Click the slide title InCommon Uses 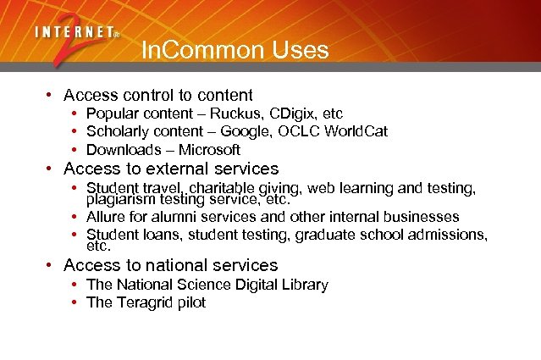point(235,51)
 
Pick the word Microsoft point(209,150)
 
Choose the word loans point(160,235)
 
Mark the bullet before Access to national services point(51,266)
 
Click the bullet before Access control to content point(51,96)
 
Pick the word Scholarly point(118,131)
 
